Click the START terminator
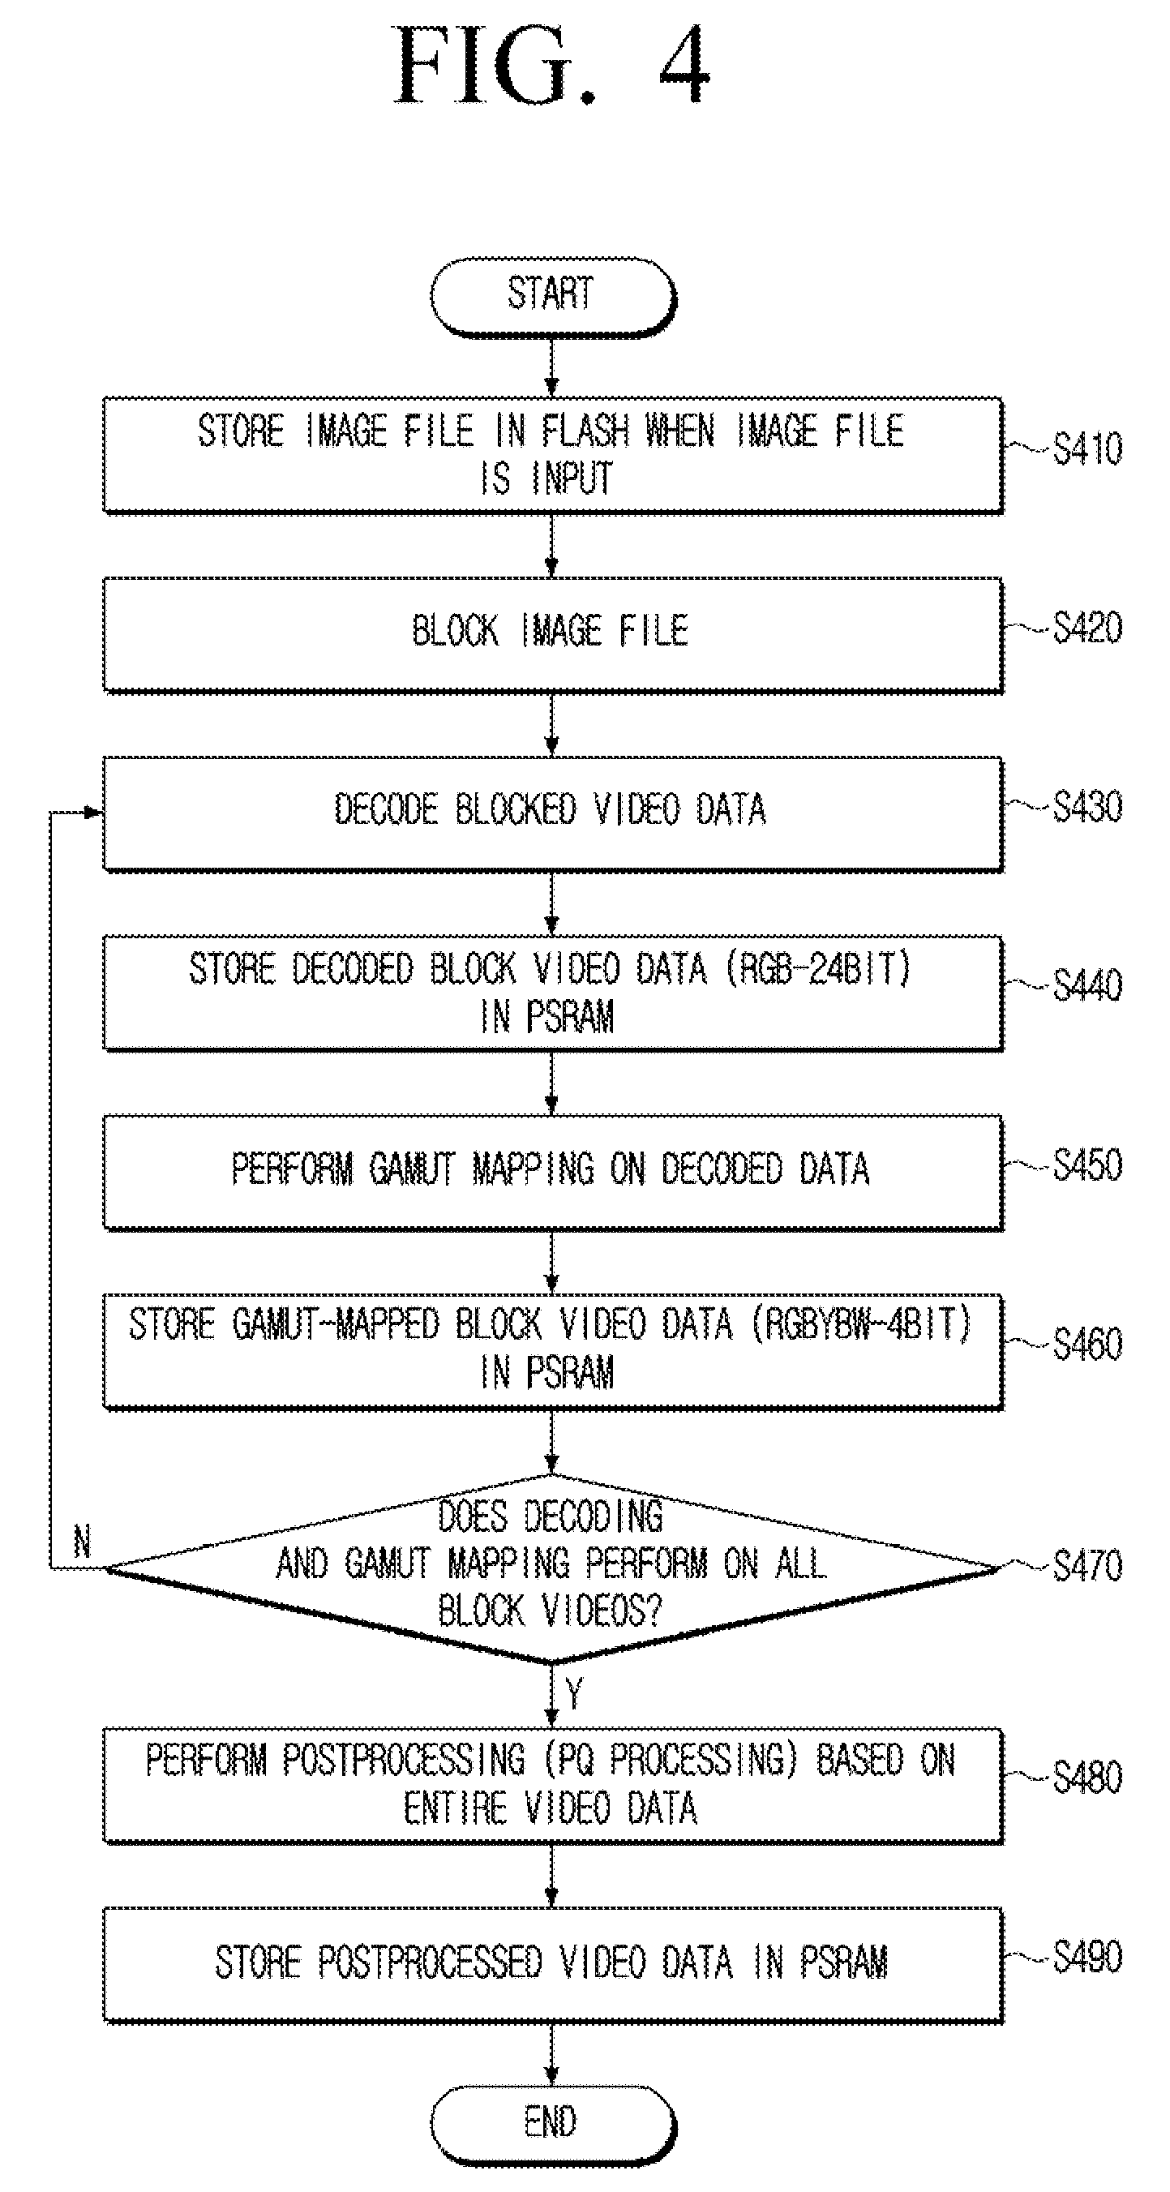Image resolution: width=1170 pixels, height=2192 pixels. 552,296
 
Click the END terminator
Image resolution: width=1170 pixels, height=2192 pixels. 552,2123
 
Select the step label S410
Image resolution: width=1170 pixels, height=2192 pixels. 1087,448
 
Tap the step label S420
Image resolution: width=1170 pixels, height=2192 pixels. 1087,628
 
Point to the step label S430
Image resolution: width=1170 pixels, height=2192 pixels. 1087,807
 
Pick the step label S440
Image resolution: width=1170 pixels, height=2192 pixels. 1087,985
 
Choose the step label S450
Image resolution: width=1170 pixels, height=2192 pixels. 1087,1164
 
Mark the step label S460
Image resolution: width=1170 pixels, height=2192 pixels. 1087,1344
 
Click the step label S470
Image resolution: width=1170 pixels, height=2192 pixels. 1087,1565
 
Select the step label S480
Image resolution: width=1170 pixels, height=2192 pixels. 1087,1778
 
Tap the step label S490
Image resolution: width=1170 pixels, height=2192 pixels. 1087,1956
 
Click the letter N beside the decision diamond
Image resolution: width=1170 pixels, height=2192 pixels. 82,1541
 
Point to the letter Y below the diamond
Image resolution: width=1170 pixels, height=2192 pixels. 575,1694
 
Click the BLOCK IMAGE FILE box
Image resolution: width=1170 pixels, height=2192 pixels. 553,635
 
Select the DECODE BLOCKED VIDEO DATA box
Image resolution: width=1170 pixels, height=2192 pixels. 553,814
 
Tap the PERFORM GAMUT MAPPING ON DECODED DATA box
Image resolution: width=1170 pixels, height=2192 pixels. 553,1173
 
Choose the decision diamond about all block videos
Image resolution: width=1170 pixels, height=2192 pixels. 551,1568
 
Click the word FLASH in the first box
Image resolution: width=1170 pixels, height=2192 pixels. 585,431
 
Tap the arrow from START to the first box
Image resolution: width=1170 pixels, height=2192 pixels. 551,367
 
